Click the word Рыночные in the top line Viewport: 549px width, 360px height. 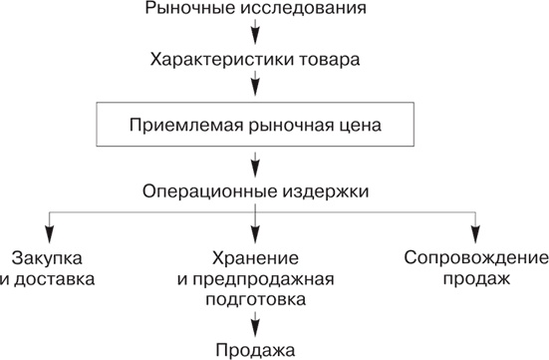(184, 11)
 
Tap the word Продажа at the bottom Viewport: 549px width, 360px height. (255, 350)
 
